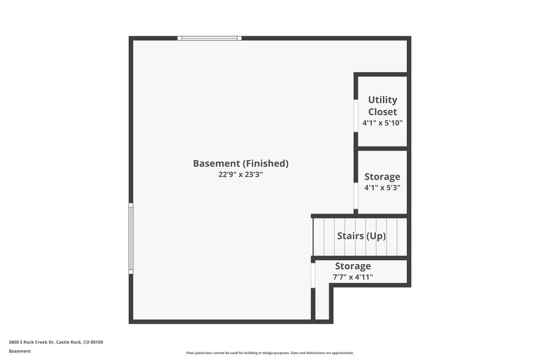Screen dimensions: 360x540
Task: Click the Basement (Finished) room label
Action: [240, 163]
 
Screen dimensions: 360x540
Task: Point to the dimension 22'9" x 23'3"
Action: [240, 174]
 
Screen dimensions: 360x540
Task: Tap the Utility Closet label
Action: [382, 105]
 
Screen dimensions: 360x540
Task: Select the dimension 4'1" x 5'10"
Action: [382, 123]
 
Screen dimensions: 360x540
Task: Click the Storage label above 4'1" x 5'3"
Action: [382, 176]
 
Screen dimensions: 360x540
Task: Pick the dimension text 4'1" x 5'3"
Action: [382, 188]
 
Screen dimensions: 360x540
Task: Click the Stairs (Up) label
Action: [361, 236]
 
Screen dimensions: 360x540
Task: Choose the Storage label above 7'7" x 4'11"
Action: [352, 266]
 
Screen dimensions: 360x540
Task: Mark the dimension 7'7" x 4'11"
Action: [352, 277]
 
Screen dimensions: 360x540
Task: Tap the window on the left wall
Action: [131, 238]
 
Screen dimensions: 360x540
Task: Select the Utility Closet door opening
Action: [356, 115]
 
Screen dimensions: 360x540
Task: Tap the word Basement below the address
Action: [20, 351]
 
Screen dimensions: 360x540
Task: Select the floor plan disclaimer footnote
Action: [270, 353]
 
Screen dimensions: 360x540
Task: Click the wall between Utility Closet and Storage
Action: [382, 148]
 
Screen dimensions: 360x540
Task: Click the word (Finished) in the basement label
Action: [266, 163]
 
